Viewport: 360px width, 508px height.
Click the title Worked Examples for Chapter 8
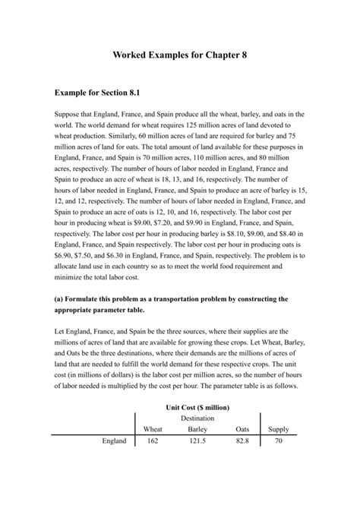179,55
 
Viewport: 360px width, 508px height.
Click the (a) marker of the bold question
60,299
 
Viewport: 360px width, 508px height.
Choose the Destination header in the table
197,418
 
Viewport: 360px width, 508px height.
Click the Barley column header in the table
197,429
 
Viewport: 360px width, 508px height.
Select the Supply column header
278,429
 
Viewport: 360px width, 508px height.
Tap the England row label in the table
114,441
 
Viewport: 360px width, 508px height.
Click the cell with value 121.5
197,441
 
